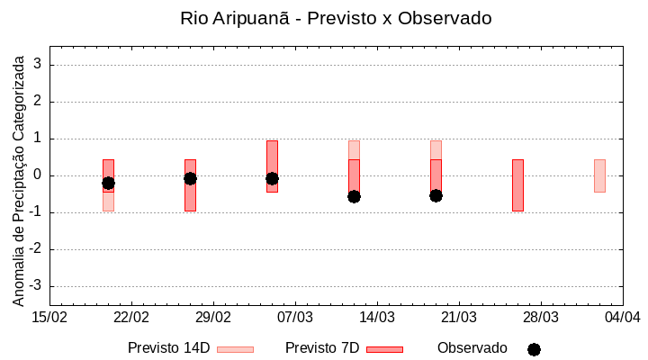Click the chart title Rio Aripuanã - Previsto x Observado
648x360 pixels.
point(336,18)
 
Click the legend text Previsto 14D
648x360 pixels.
point(168,348)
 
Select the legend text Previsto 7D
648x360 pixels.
point(322,348)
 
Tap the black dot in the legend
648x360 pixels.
point(534,349)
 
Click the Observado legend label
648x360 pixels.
point(472,348)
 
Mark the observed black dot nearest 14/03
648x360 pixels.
point(354,196)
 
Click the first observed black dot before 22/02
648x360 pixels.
point(108,183)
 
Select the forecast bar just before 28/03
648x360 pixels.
point(517,184)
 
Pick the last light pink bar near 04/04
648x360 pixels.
point(599,175)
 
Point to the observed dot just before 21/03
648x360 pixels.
point(436,195)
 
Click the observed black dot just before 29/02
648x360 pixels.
point(190,178)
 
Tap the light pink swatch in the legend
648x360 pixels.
point(236,349)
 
